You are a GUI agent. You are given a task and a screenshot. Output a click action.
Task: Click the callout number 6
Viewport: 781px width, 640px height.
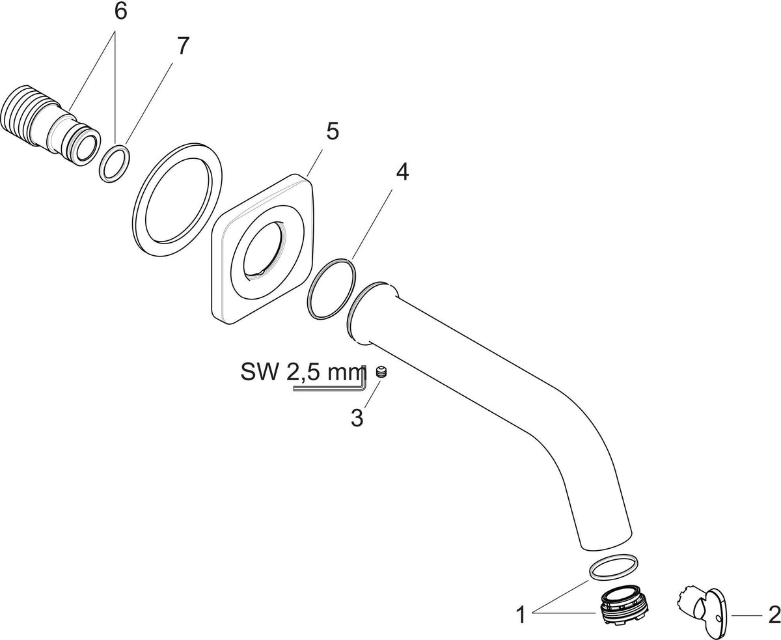point(120,12)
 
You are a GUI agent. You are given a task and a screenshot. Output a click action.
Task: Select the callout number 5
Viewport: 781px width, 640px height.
point(332,132)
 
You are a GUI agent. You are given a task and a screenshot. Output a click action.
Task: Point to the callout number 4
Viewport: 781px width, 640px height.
point(402,173)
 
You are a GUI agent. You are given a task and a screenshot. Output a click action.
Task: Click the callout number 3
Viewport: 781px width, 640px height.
point(357,418)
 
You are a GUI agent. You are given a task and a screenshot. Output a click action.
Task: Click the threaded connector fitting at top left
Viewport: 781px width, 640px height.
point(50,126)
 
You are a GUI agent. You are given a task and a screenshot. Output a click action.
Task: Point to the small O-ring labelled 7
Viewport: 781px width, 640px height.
point(115,163)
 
